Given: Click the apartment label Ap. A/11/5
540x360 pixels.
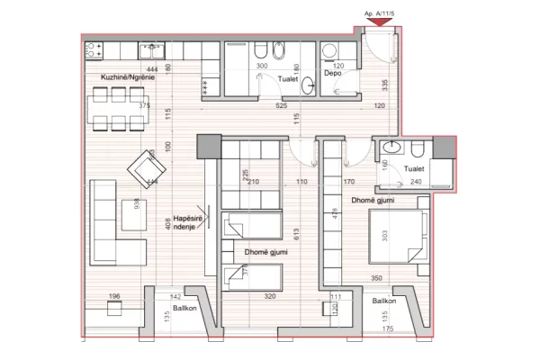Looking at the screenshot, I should pos(379,13).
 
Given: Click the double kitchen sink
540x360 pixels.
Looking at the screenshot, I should pos(152,47).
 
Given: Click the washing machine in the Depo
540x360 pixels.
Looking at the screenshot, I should pos(330,50).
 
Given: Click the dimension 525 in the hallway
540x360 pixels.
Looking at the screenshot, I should pos(281,105).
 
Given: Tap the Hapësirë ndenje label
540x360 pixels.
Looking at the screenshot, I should pos(186,221).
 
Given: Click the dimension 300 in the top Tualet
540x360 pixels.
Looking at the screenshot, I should pos(263,67).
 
